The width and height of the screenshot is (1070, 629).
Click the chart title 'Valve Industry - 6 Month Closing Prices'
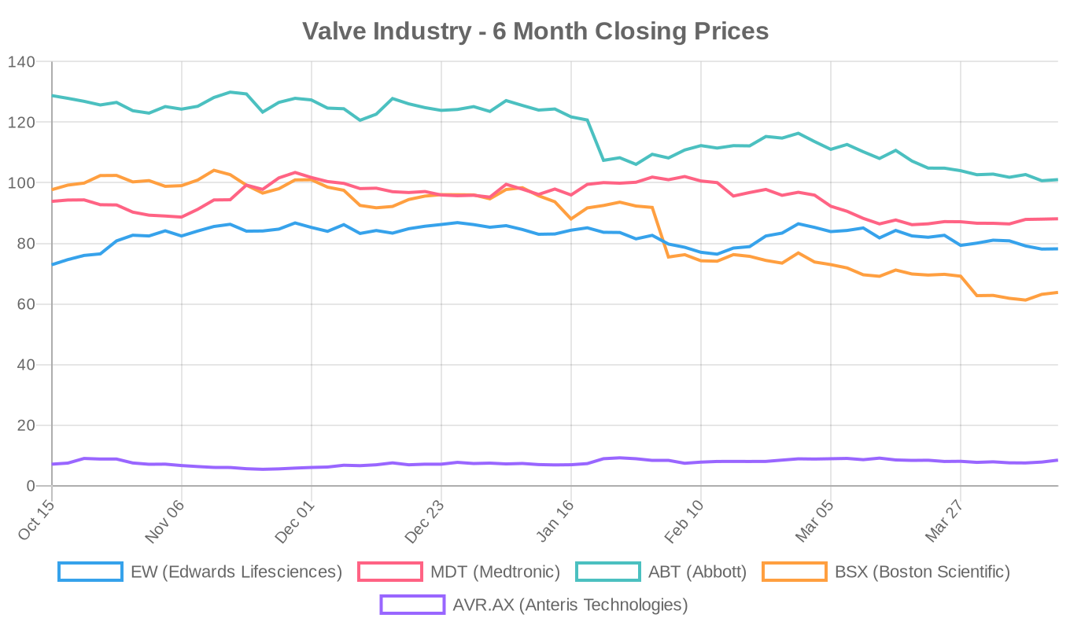pyautogui.click(x=535, y=31)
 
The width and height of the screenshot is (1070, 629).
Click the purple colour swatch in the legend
pyautogui.click(x=412, y=605)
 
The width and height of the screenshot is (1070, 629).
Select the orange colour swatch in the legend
pyautogui.click(x=794, y=572)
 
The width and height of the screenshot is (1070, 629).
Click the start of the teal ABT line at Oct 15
pyautogui.click(x=53, y=95)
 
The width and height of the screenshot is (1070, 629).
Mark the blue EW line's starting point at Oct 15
pyautogui.click(x=53, y=264)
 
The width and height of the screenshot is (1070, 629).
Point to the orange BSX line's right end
pyautogui.click(x=1057, y=292)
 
